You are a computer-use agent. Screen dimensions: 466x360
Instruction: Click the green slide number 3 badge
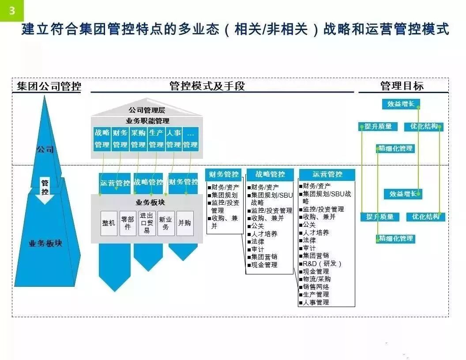point(11,11)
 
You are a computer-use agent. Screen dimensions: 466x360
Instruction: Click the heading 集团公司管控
point(49,86)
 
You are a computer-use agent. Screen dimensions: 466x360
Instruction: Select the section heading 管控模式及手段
point(207,86)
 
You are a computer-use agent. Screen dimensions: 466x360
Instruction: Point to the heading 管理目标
point(402,86)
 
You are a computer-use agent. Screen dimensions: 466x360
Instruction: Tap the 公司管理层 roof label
point(147,110)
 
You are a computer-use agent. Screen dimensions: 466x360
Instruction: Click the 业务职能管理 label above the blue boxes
point(147,121)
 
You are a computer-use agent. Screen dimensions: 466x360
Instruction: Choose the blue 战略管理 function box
point(102,139)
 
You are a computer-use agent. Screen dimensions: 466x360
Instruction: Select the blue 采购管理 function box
point(138,139)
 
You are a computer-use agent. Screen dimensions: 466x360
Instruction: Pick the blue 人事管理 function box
point(173,139)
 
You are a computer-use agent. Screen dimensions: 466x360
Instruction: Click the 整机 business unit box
point(109,223)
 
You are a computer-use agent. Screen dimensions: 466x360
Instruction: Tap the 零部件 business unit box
point(128,223)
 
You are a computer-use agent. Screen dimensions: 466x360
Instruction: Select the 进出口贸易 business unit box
point(147,223)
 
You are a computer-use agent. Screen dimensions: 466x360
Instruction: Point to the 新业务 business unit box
point(166,223)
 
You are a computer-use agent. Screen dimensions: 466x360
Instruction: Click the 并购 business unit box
point(185,223)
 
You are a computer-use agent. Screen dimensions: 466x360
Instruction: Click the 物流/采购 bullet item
point(315,279)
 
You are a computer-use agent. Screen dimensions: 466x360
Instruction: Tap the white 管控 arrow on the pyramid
point(45,191)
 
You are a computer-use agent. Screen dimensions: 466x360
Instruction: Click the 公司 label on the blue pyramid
point(45,150)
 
